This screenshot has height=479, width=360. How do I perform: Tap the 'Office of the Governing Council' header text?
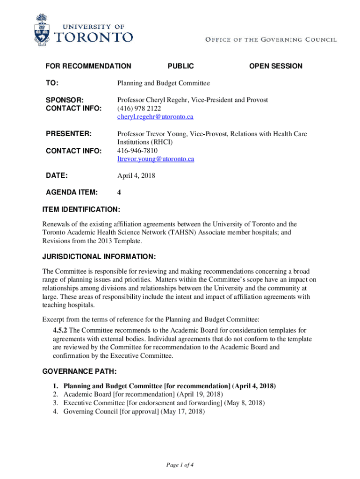[271, 40]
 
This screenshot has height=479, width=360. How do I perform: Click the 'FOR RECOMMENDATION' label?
[88, 66]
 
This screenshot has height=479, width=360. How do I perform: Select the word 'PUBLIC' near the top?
[180, 66]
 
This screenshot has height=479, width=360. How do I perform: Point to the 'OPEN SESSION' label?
[275, 66]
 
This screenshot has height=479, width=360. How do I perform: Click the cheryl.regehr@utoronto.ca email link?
[155, 117]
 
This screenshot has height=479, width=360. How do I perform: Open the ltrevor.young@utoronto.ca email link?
[155, 159]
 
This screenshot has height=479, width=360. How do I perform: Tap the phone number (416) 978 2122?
[139, 109]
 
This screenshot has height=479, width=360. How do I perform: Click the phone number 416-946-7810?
[137, 151]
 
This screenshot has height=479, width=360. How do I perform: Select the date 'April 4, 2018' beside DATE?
[136, 176]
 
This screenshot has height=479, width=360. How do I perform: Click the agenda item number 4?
[119, 192]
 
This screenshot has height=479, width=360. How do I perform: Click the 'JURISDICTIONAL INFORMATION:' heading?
[99, 257]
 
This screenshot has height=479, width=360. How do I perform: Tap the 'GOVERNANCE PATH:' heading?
[79, 372]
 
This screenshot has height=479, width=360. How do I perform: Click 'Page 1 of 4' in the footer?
[180, 465]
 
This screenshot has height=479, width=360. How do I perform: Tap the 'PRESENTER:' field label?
[68, 134]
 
